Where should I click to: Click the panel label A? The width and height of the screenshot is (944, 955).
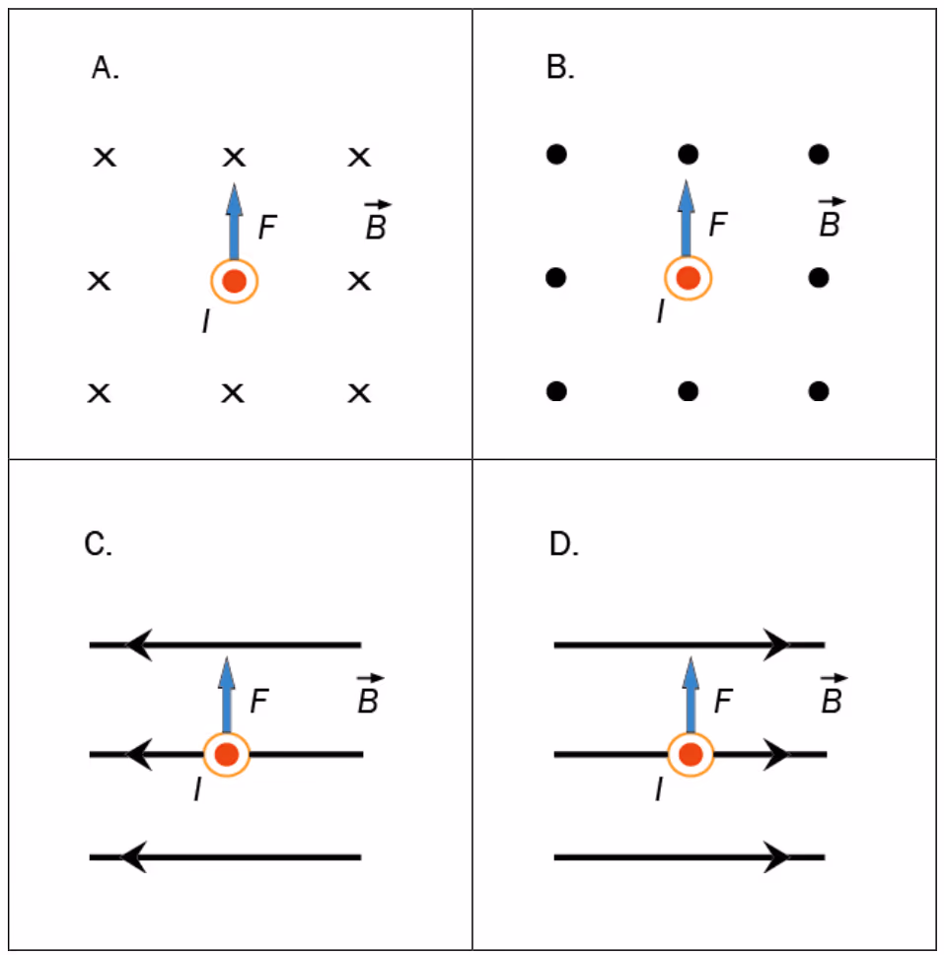click(x=105, y=67)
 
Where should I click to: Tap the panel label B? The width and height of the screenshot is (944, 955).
click(x=560, y=67)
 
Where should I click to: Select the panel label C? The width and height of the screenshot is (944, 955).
click(x=98, y=543)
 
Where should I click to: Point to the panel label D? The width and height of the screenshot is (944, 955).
click(x=563, y=543)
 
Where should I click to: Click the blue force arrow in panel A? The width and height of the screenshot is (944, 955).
click(x=234, y=222)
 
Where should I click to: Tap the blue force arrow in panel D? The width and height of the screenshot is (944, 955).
click(x=690, y=695)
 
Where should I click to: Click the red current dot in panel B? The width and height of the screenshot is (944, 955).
click(x=689, y=278)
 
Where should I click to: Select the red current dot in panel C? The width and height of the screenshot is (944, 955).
click(x=226, y=754)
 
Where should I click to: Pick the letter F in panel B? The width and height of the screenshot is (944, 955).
click(x=718, y=224)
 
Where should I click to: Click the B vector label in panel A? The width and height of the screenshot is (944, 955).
click(x=377, y=220)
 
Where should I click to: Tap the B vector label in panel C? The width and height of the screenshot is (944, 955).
click(x=369, y=694)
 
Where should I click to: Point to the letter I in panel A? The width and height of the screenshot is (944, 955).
click(x=206, y=321)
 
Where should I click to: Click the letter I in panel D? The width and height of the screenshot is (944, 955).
click(x=659, y=789)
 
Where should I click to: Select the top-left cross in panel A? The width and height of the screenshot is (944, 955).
click(x=105, y=157)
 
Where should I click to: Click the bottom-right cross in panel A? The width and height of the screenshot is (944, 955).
click(x=359, y=393)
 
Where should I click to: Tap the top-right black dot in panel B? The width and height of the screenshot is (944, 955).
click(x=819, y=154)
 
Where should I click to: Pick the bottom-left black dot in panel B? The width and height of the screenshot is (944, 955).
click(x=556, y=391)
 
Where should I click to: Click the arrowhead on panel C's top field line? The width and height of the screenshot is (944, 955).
click(x=138, y=645)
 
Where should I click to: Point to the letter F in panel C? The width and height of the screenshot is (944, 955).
click(x=259, y=701)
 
